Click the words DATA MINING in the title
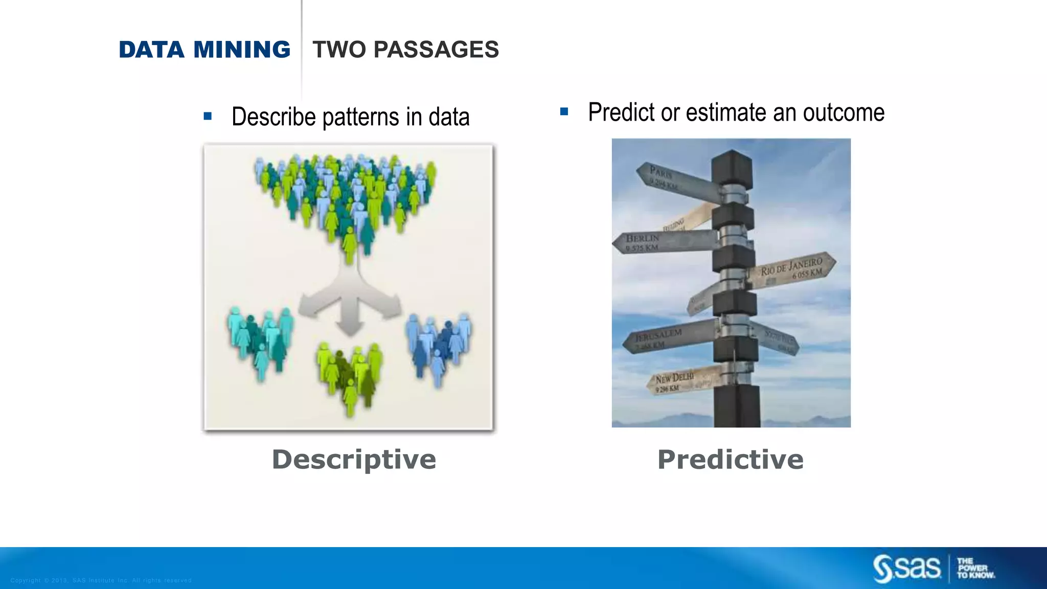[x=204, y=50]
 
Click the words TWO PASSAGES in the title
[x=405, y=50]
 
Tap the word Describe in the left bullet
[x=274, y=117]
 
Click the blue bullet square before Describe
[x=208, y=116]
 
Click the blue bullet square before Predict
[x=564, y=111]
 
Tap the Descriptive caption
[x=354, y=459]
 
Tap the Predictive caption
[x=730, y=459]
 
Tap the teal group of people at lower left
[x=261, y=343]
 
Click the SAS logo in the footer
[x=906, y=568]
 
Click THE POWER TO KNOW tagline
[x=975, y=568]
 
